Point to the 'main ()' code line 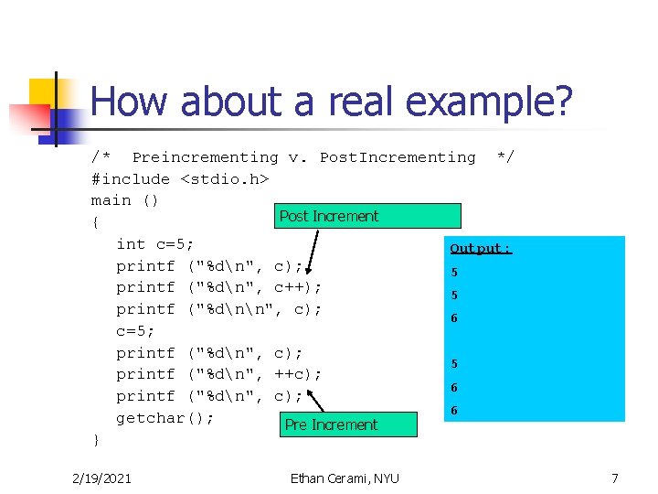tap(125, 200)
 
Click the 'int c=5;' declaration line tap(154, 244)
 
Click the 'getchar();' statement tap(164, 418)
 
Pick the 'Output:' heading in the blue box tap(481, 248)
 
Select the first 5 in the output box tap(453, 273)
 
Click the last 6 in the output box tap(453, 412)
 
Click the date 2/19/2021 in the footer tap(101, 478)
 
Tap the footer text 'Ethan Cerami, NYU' tap(344, 478)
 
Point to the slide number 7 tap(615, 478)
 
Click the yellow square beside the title tap(43, 93)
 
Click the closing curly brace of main tap(97, 440)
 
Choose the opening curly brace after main tap(97, 222)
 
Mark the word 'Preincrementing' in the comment tap(206, 157)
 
